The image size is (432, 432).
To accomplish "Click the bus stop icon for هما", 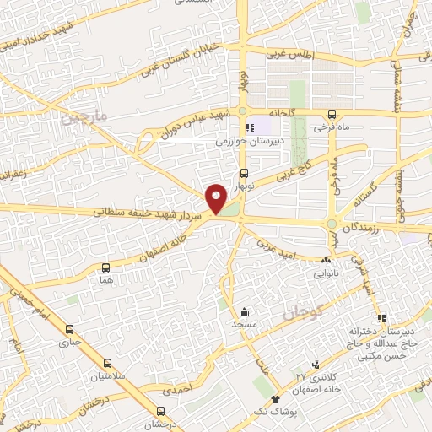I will point(105,266).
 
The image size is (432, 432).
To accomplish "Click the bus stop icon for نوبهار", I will point(244,172).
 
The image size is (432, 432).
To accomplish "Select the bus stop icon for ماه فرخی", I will point(330,113).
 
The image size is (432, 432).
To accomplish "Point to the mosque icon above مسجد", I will point(245,311).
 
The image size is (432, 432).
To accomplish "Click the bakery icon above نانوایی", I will point(326,260).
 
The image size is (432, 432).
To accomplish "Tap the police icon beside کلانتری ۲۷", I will point(316,364).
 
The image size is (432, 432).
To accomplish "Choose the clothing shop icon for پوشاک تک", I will point(274,399).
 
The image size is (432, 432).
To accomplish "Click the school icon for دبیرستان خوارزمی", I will point(250,128).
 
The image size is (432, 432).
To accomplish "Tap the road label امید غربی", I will point(278,248).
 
